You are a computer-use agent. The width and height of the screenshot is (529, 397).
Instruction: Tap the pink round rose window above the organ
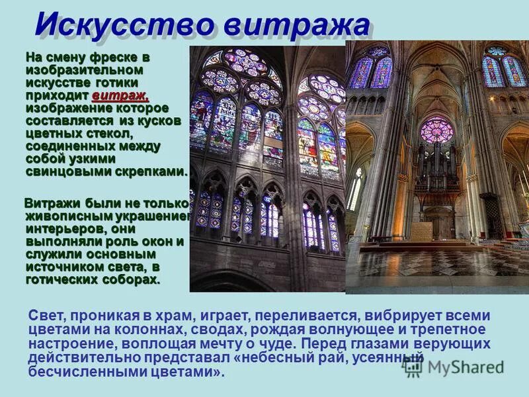coord(436,130)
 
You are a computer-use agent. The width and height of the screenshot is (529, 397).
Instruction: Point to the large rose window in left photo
coord(241,76)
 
